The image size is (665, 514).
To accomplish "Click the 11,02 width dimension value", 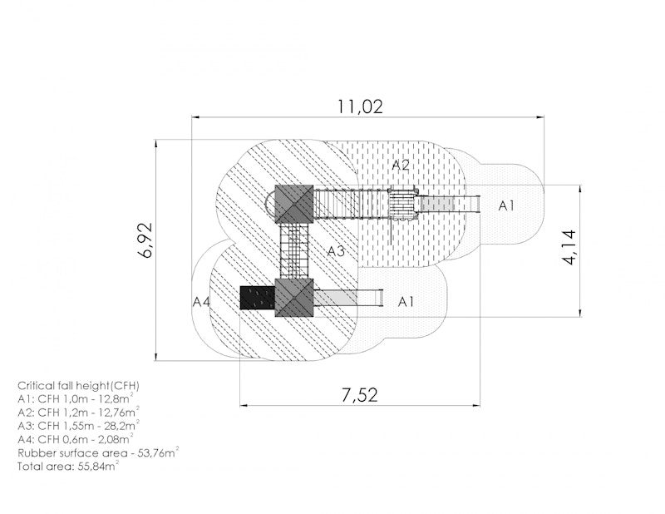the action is coord(360,106).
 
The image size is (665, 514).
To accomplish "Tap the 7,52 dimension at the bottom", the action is coord(359,395).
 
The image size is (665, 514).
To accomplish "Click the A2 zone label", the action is coord(401,166).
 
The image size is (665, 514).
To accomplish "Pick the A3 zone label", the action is coord(336,251).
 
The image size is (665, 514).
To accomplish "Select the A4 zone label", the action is coord(201,302).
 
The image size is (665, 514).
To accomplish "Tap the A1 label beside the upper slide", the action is coord(506,206).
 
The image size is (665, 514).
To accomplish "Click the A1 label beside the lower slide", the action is coord(406,302).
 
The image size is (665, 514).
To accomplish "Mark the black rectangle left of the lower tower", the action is coord(258,298).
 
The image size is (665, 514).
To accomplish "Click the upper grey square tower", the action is coord(294,204).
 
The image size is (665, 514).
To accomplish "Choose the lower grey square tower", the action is coord(294,298).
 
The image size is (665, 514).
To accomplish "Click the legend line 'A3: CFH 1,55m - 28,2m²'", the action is coord(78,425).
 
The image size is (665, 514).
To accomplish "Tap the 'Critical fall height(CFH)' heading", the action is coord(78,386).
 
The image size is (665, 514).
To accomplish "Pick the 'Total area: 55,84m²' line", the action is coord(68,466).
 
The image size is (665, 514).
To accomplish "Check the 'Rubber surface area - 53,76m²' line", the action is coord(98,452).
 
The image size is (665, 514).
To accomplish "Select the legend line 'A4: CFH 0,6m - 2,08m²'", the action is coord(76,439).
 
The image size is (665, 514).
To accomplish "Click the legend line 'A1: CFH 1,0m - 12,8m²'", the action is coord(76,398).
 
